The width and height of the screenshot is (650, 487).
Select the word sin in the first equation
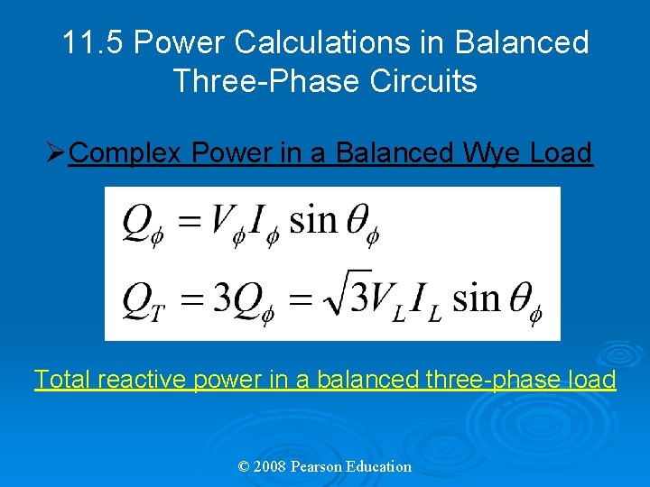(311, 219)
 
